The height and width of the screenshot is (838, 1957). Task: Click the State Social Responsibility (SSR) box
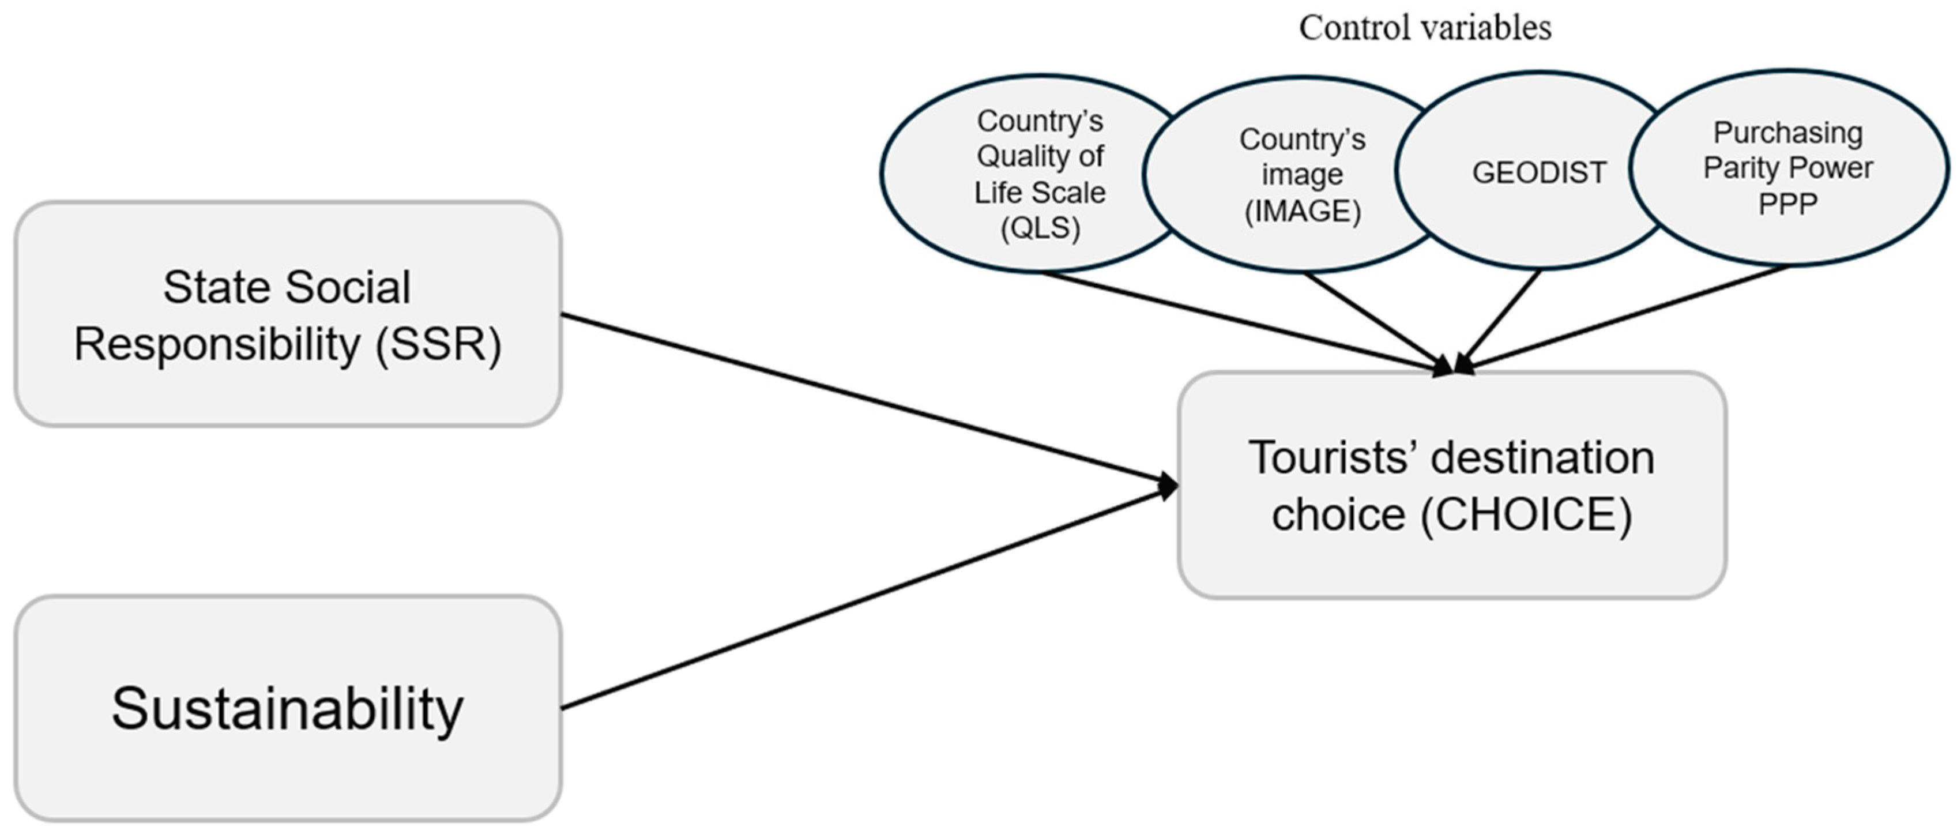pyautogui.click(x=287, y=314)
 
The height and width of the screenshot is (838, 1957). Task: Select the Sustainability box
pyautogui.click(x=287, y=708)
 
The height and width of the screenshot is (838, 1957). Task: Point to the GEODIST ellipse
pyautogui.click(x=1539, y=173)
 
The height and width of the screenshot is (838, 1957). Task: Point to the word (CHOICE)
pyautogui.click(x=1526, y=515)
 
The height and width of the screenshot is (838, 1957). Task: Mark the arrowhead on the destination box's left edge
pyautogui.click(x=1168, y=484)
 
